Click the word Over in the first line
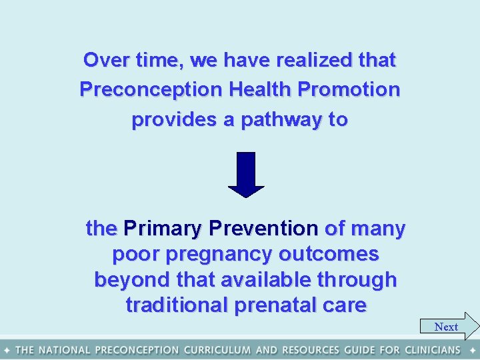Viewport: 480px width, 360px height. [x=101, y=60]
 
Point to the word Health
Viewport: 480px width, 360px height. [x=261, y=89]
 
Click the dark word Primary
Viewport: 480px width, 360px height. [x=163, y=229]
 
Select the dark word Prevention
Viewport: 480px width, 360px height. [x=263, y=229]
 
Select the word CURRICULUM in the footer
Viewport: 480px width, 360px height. [x=218, y=350]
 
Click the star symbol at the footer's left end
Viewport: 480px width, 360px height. [x=7, y=350]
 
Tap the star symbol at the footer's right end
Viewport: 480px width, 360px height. [x=472, y=350]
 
